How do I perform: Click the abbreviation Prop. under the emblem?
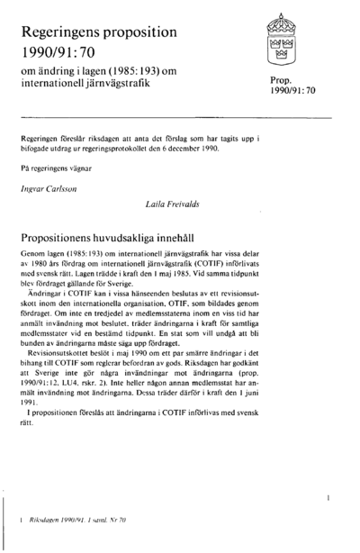click(270, 82)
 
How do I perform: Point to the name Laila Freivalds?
click(175, 206)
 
